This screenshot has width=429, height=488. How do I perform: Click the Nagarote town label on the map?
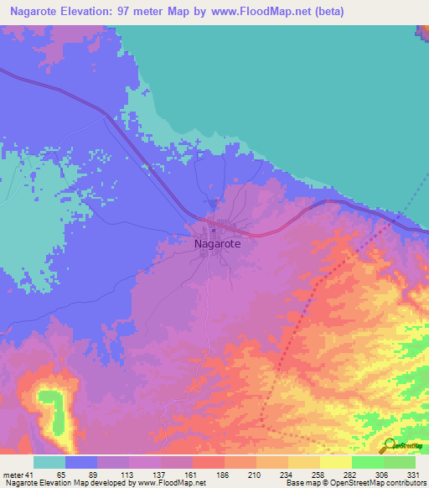217,244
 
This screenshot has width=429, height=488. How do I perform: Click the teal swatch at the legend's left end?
49,462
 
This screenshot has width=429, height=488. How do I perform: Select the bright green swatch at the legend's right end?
399,462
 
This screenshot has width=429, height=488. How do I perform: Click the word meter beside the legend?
13,475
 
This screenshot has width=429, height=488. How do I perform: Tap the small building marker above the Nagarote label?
214,230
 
